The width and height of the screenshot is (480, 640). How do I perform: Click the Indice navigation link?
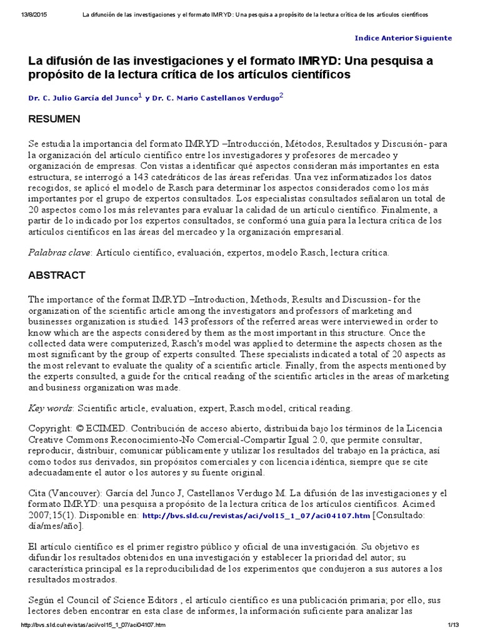pos(367,38)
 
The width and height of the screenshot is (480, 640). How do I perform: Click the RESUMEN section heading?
pos(54,119)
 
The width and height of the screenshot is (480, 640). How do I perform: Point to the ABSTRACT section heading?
pos(57,276)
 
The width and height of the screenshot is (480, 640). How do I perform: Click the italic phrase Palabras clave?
pos(60,252)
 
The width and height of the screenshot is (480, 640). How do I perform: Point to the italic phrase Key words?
pos(51,408)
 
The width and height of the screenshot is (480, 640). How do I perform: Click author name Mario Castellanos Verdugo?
pos(226,97)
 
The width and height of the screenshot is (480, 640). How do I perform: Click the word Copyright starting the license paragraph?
pos(50,429)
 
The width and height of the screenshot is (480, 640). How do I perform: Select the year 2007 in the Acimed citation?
pos(42,516)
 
